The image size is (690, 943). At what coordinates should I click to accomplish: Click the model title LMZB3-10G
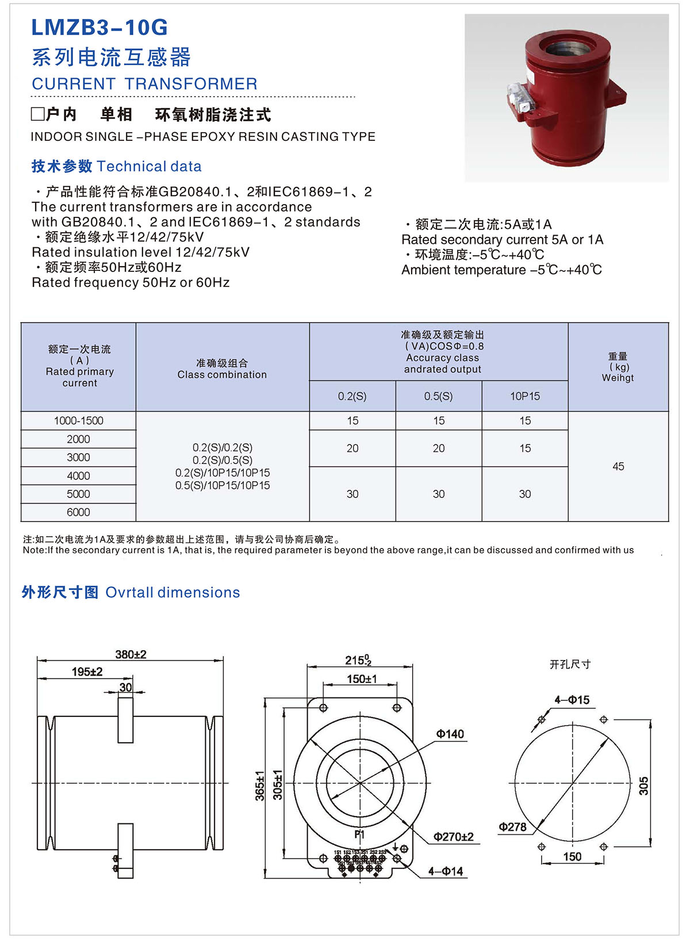pyautogui.click(x=99, y=28)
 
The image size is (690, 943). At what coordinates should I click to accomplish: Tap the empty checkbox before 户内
pyautogui.click(x=37, y=114)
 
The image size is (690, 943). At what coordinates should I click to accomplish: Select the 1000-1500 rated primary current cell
pyautogui.click(x=79, y=421)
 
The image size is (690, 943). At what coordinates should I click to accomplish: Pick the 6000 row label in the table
pyautogui.click(x=79, y=512)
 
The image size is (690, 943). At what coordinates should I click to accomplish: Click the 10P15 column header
pyautogui.click(x=525, y=396)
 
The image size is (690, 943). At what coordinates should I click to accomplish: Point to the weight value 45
pyautogui.click(x=618, y=466)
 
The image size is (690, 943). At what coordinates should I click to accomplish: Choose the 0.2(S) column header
pyautogui.click(x=352, y=396)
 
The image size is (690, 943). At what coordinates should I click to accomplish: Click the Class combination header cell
pyautogui.click(x=222, y=369)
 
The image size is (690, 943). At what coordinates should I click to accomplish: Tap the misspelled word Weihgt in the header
pyautogui.click(x=618, y=378)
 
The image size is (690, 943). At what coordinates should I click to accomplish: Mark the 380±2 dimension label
pyautogui.click(x=131, y=654)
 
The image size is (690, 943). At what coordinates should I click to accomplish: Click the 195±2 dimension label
pyautogui.click(x=87, y=672)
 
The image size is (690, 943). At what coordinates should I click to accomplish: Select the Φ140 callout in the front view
pyautogui.click(x=450, y=734)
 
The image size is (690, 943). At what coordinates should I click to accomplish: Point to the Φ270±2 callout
pyautogui.click(x=453, y=837)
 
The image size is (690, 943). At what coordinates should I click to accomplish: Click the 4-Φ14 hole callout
pyautogui.click(x=445, y=871)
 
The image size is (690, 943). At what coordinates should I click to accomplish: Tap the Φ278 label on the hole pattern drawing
pyautogui.click(x=512, y=827)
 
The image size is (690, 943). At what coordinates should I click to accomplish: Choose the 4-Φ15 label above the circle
pyautogui.click(x=572, y=700)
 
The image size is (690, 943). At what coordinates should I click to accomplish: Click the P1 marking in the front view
pyautogui.click(x=359, y=834)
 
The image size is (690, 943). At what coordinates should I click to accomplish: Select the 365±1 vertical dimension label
pyautogui.click(x=260, y=785)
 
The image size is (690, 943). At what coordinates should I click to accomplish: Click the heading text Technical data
pyautogui.click(x=149, y=167)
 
